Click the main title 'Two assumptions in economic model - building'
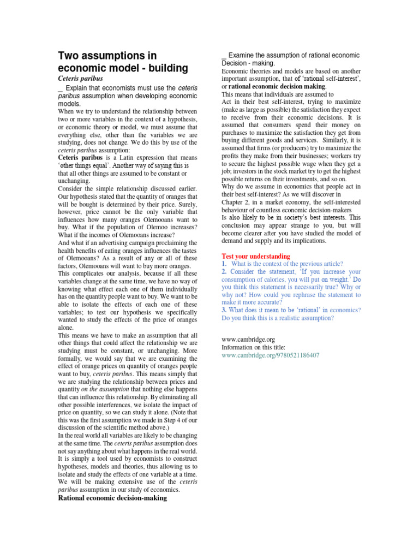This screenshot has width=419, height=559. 123,62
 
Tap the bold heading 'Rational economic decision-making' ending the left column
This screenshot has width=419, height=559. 112,498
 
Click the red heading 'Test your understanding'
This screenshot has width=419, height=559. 256,256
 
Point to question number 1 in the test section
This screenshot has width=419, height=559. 224,264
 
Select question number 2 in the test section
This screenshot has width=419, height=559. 224,271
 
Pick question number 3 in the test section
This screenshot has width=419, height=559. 224,310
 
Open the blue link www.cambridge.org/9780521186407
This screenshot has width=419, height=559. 270,355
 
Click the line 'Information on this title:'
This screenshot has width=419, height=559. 253,347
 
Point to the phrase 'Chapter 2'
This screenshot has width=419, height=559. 237,201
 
